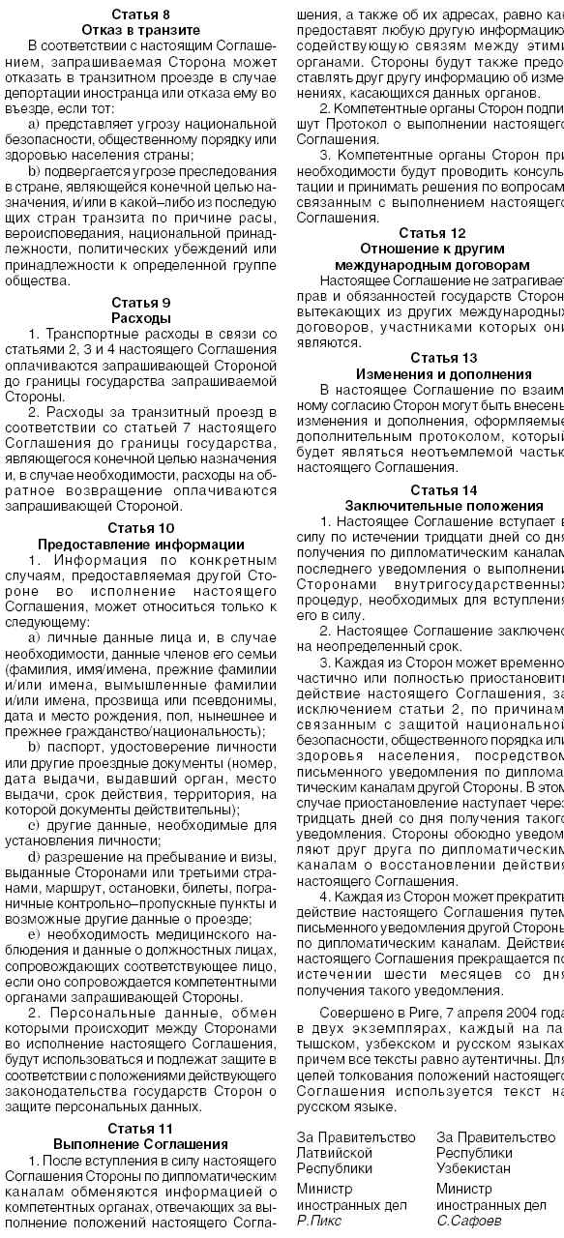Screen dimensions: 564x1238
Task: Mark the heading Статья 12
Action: [x=430, y=233]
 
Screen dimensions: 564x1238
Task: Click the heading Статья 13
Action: [x=430, y=357]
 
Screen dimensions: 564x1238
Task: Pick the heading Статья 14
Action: [x=430, y=488]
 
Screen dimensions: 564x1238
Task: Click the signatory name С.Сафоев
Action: [x=468, y=1222]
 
